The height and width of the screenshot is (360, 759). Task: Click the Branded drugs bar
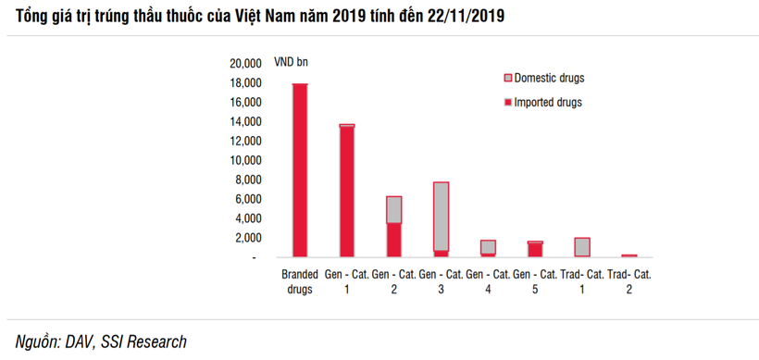[x=300, y=170]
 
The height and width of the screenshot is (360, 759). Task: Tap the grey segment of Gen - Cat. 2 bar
[x=393, y=209]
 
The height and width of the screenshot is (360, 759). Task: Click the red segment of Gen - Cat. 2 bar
[x=393, y=240]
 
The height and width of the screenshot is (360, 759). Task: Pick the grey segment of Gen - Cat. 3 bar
[x=441, y=216]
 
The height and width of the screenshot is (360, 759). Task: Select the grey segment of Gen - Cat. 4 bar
[x=488, y=246]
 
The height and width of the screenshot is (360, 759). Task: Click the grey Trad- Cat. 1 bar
[x=582, y=247]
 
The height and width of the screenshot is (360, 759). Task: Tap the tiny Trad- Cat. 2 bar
[x=629, y=255]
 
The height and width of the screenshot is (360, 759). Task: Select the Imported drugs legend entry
[x=542, y=102]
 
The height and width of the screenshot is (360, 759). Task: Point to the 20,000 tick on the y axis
[x=245, y=64]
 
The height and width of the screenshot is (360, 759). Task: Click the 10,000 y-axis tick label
[x=245, y=160]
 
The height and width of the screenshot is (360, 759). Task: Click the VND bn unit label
[x=292, y=64]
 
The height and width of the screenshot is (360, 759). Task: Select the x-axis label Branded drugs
[x=299, y=281]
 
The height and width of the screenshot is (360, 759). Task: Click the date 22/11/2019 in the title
[x=470, y=18]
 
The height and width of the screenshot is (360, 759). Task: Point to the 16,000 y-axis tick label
[x=245, y=103]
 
